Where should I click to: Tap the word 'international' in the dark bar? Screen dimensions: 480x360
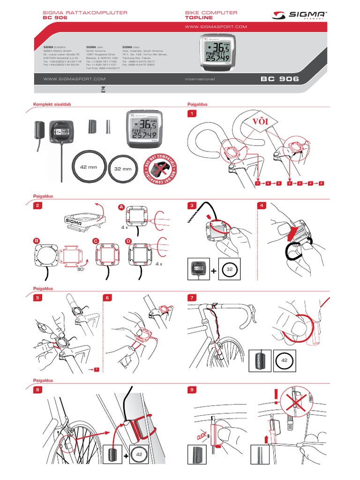tap(200, 79)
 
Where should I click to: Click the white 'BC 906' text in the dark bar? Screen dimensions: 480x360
tap(279, 79)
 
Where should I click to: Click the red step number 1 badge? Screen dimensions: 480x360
tap(191, 114)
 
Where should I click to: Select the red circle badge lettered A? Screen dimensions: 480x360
tap(121, 207)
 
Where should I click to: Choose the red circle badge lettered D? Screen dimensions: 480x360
tap(129, 241)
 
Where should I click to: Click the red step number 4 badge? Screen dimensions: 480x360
tap(262, 205)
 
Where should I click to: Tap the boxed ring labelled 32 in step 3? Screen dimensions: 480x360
tap(230, 270)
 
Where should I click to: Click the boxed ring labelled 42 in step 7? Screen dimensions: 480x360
tap(285, 361)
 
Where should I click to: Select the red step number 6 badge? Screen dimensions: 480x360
tap(107, 298)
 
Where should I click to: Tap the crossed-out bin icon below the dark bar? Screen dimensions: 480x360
tap(104, 89)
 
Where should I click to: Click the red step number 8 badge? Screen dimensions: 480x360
tap(38, 389)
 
